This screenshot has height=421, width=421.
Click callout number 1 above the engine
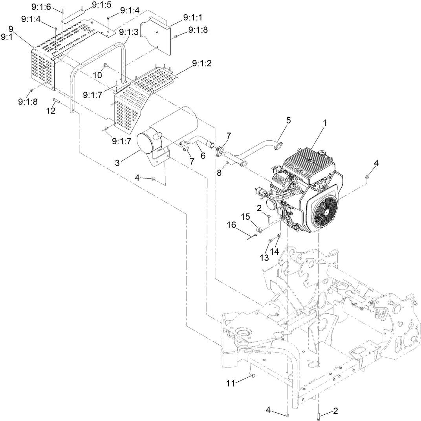pos(324,123)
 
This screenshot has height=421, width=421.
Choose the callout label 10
pos(97,74)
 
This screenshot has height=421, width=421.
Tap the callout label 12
pos(50,111)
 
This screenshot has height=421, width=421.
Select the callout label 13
pos(264,257)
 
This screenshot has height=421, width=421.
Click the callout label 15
pos(245,217)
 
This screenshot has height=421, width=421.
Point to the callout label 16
pos(231,225)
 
